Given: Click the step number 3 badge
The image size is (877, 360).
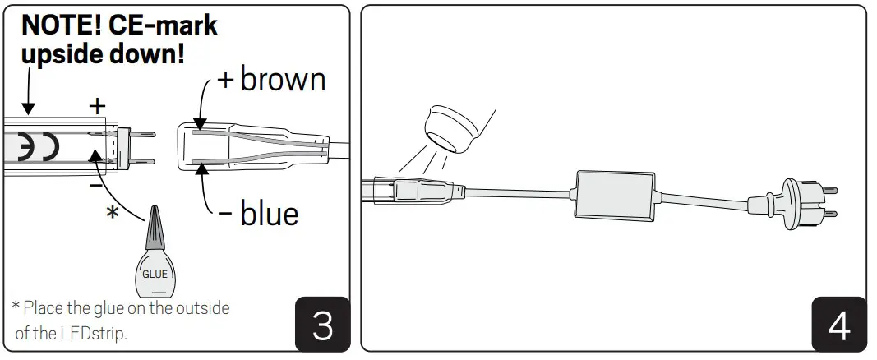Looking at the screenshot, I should point(323,325).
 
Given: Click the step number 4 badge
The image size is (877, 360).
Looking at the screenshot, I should point(838,325).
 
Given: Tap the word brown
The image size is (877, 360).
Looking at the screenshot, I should point(283,79).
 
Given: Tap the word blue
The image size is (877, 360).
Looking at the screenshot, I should point(269,213).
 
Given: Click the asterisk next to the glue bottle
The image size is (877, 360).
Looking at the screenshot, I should point(113,213).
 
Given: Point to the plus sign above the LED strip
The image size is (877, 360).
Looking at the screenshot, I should point(98,105).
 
